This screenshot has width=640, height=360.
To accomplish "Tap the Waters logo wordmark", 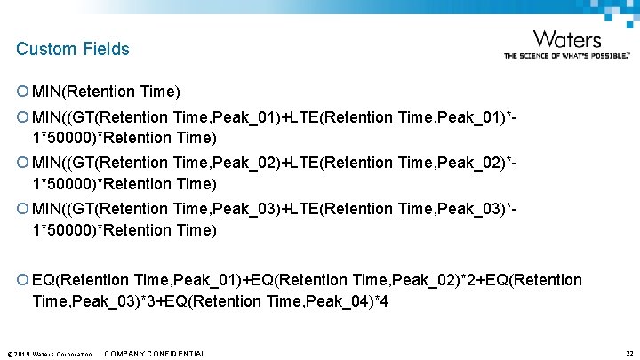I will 566,39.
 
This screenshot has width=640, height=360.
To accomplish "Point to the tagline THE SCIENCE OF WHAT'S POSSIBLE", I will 566,55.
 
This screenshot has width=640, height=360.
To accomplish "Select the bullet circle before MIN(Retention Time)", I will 22,92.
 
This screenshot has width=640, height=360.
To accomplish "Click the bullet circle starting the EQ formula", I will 22,280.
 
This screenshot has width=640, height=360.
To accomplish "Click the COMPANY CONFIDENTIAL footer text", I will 155,354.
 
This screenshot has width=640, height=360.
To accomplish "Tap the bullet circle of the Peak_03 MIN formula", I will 22,209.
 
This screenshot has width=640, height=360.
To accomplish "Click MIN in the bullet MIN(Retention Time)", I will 46,92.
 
